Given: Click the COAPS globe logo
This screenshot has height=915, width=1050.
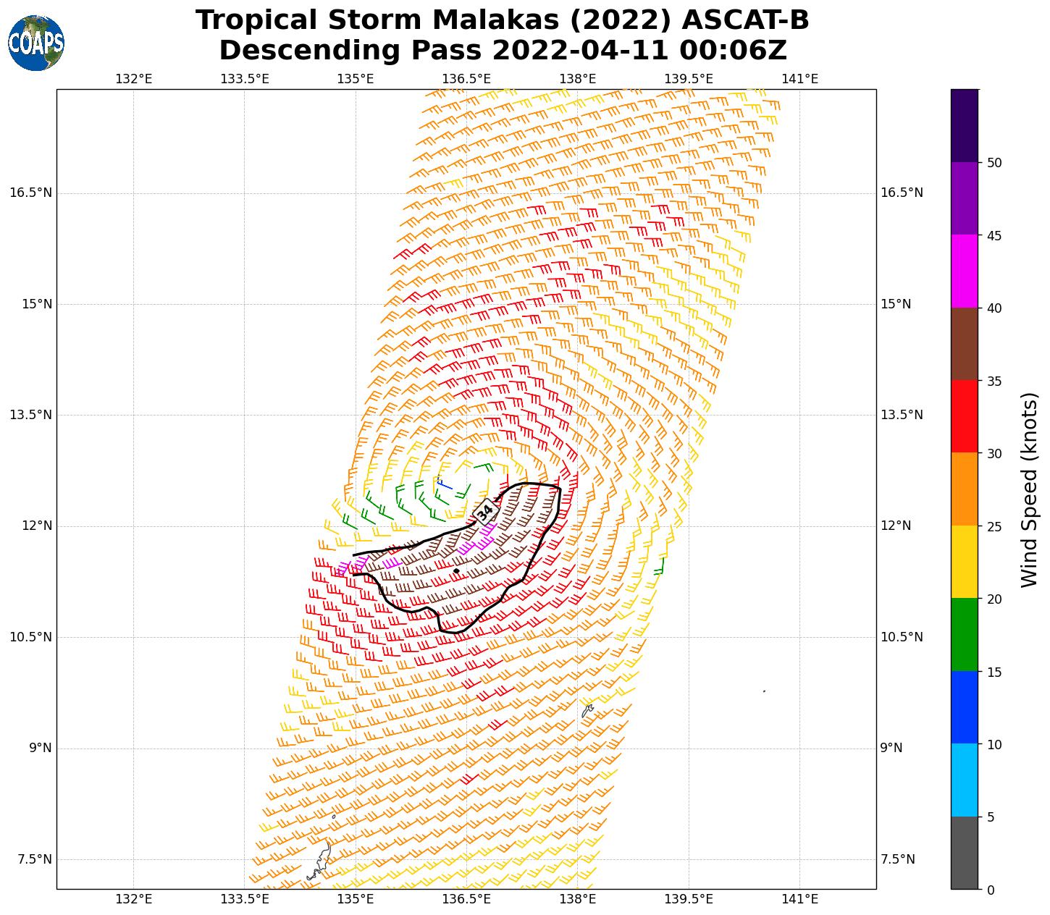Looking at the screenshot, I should pyautogui.click(x=36, y=43).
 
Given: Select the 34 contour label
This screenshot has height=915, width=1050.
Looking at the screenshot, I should pyautogui.click(x=485, y=510).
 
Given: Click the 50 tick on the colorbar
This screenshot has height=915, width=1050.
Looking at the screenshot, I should pyautogui.click(x=994, y=162).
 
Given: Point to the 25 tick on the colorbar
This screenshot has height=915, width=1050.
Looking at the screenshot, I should pyautogui.click(x=994, y=526).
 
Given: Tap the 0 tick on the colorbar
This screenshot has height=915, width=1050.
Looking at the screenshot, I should pyautogui.click(x=991, y=890).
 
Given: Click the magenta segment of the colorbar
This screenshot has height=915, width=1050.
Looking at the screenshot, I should pyautogui.click(x=964, y=271).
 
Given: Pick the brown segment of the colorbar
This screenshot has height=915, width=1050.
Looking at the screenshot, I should pyautogui.click(x=964, y=344).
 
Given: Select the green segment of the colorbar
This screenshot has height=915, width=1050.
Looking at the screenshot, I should pyautogui.click(x=964, y=635).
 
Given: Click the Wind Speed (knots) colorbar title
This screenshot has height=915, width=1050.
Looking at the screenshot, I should pyautogui.click(x=1029, y=490).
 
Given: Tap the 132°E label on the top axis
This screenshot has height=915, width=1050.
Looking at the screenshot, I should pyautogui.click(x=134, y=79).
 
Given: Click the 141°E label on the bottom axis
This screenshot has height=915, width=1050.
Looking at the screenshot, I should pyautogui.click(x=799, y=899).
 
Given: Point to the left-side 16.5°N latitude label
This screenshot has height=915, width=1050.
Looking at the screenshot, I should pyautogui.click(x=30, y=193).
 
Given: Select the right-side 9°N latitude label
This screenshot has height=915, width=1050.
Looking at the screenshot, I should pyautogui.click(x=891, y=748).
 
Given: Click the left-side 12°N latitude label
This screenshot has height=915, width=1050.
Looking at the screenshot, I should pyautogui.click(x=36, y=526).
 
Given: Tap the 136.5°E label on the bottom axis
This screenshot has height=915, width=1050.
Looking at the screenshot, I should pyautogui.click(x=466, y=899).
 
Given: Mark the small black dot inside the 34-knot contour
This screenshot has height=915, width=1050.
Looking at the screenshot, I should pyautogui.click(x=456, y=571).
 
